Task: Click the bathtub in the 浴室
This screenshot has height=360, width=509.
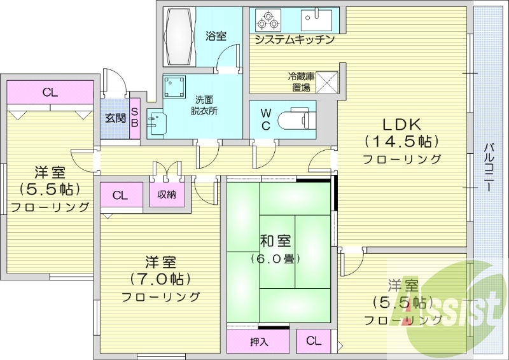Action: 179,36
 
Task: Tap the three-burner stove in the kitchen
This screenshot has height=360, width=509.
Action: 268,20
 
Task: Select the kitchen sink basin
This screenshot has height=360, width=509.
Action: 316,19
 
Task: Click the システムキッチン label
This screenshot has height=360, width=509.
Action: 295,39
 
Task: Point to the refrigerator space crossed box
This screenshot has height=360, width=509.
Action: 327,82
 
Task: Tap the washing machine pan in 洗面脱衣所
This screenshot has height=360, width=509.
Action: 174,87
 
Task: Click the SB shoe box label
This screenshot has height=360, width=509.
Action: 134,118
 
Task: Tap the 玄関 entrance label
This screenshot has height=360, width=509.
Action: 115,118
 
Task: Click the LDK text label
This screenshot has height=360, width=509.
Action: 401,124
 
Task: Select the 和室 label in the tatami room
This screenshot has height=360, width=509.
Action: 275,241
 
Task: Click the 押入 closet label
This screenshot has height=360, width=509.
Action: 259,342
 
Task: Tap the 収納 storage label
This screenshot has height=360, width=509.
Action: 167,195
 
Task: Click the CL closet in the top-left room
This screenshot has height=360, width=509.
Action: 50,92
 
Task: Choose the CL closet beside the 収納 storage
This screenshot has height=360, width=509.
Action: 121,195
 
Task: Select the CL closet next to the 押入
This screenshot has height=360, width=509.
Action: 313,341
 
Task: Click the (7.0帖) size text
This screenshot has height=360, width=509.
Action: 160,279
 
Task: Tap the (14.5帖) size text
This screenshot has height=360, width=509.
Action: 402,141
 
